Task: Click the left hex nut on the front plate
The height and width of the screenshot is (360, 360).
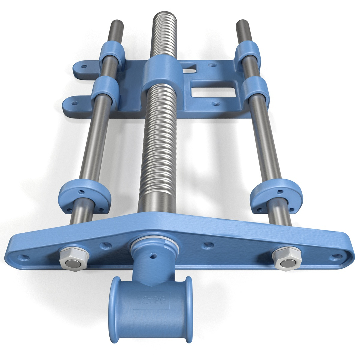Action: pos(74,259)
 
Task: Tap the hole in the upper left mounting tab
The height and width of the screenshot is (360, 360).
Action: pos(84,66)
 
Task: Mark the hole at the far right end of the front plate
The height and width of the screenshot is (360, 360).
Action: pos(337,257)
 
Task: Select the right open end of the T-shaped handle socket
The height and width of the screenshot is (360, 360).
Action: pos(189,308)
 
